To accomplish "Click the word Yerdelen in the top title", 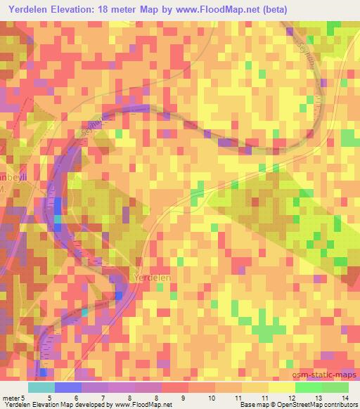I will point(31,9).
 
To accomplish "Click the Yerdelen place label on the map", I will point(151,278).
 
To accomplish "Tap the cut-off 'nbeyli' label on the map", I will point(13,177).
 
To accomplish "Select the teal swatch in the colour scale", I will point(41,387).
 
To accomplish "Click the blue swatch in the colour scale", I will point(68,387).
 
